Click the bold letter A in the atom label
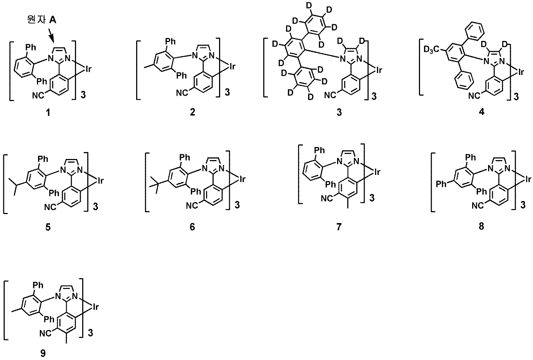point(53,20)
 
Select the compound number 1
point(48,112)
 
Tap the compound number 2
point(193,112)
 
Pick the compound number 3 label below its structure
point(339,112)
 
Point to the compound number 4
point(482,111)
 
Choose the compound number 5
point(48,227)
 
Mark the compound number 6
point(192,227)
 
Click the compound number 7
point(339,227)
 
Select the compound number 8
point(481,226)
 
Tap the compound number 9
point(43,353)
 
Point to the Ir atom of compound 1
point(88,69)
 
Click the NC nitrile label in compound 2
point(182,93)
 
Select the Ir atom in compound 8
point(528,179)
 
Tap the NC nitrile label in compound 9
point(45,333)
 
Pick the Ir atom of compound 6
point(242,179)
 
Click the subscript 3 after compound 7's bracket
point(372,198)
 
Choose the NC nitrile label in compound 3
point(330,95)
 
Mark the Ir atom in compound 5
point(100,181)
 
